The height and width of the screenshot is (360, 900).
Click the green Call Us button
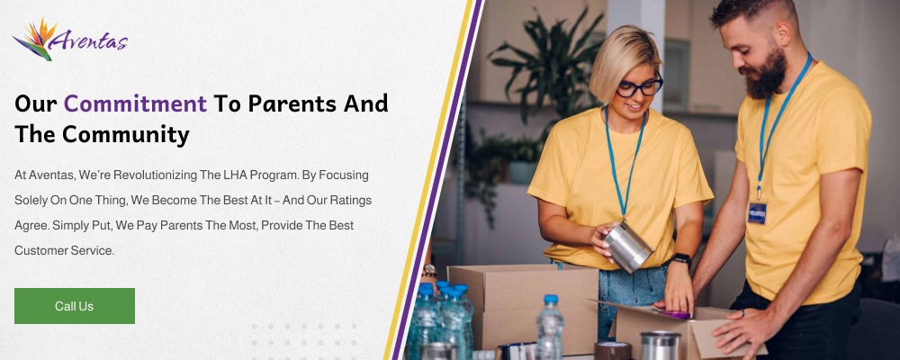(75, 306)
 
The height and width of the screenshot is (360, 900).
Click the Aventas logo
(70, 39)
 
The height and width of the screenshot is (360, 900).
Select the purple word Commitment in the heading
(135, 103)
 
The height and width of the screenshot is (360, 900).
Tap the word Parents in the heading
(292, 103)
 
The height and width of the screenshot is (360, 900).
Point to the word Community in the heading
(126, 134)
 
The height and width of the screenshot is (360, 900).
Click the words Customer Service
(64, 250)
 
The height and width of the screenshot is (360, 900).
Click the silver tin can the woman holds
(628, 247)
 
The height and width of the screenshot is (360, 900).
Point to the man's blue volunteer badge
(757, 212)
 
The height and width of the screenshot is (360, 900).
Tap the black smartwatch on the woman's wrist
(681, 259)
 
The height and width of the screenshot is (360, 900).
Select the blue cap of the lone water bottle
(551, 299)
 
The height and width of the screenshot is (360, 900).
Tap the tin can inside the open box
(660, 345)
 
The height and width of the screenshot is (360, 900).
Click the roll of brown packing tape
(612, 350)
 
